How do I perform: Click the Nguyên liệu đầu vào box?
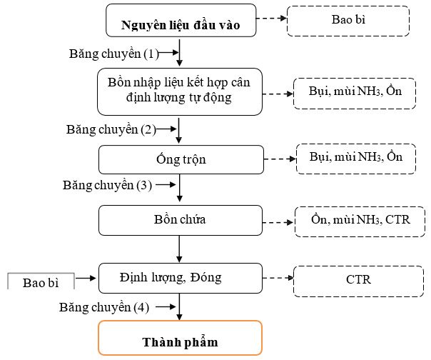tap(181, 21)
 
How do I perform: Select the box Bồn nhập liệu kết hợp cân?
tap(180, 91)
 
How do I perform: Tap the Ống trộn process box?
tap(181, 159)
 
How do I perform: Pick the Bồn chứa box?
tap(181, 220)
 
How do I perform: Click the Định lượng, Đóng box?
tap(181, 278)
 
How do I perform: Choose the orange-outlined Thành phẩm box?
tap(181, 338)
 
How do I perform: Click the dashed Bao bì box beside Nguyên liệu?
tap(348, 21)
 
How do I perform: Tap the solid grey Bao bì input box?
tap(41, 281)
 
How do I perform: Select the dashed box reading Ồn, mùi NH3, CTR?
tap(360, 221)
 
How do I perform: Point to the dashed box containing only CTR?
tap(358, 281)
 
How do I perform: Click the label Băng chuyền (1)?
tap(114, 54)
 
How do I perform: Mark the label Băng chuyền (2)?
tap(111, 129)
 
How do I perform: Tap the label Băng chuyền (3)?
tap(108, 185)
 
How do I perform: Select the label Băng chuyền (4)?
tap(104, 307)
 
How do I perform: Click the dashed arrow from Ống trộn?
tap(280, 159)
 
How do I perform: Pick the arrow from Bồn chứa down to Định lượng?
tap(179, 249)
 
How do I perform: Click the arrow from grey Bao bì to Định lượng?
tap(86, 278)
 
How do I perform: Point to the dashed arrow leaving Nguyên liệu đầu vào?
tap(272, 19)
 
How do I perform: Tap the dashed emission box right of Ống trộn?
tap(356, 159)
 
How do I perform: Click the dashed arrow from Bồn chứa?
tap(278, 222)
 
